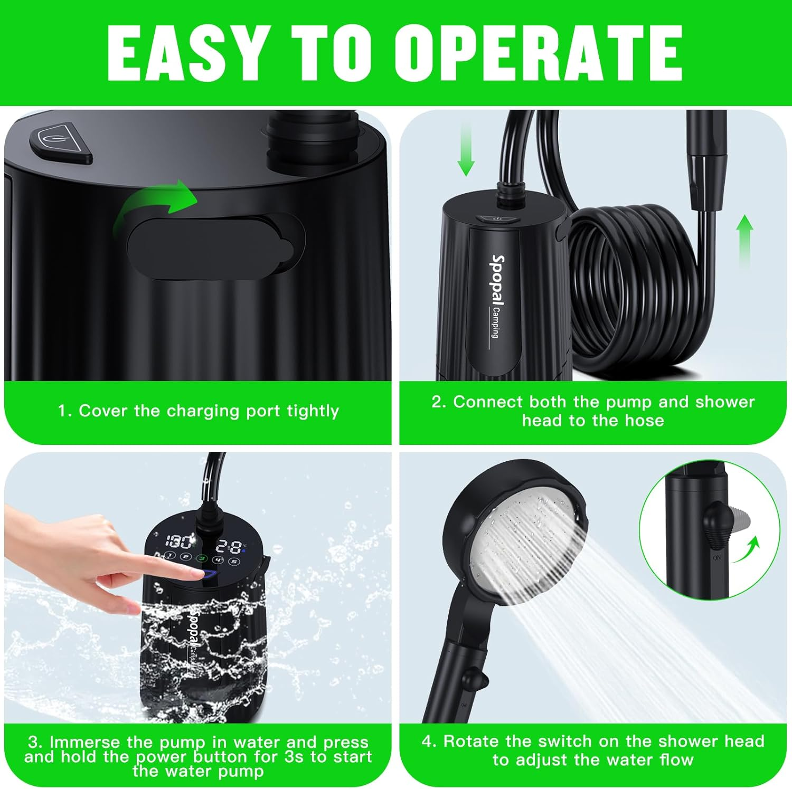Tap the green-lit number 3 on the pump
[x=202, y=558]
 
